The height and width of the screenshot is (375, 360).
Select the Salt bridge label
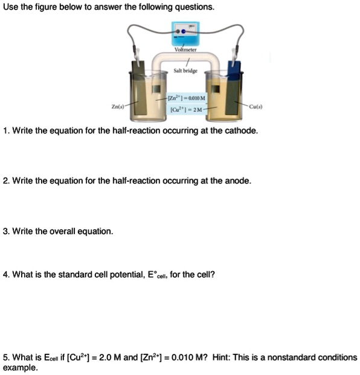(185, 71)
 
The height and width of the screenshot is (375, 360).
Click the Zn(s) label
(118, 107)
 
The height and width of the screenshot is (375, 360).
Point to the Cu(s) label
(256, 107)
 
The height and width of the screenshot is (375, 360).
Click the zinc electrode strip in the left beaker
(139, 97)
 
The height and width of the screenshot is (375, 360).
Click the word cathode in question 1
(241, 130)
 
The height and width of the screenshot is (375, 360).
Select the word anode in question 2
(237, 181)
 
